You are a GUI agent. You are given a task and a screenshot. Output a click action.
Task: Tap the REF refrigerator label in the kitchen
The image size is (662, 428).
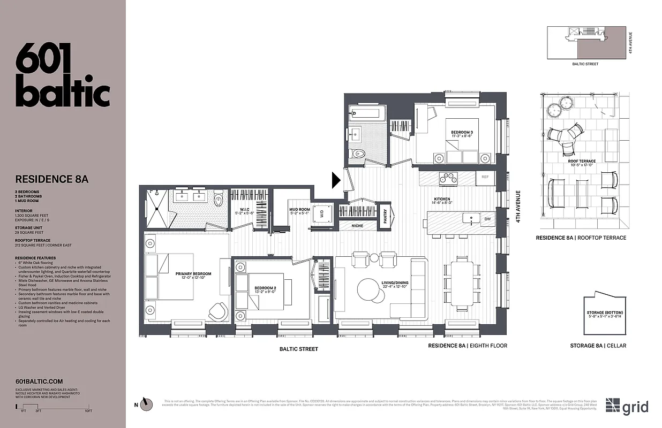tap(485, 177)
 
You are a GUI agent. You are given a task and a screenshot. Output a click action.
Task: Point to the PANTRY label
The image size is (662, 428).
tap(386, 216)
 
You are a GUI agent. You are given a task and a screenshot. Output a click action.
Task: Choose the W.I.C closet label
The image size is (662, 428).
tap(244, 209)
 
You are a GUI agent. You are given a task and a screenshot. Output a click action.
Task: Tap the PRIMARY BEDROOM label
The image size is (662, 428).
tap(193, 274)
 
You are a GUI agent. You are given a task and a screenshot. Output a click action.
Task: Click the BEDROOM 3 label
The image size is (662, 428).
tap(462, 132)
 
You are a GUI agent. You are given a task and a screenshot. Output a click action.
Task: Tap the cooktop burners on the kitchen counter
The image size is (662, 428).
tap(448, 178)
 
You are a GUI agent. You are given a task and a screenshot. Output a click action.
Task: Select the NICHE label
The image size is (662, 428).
tap(357, 226)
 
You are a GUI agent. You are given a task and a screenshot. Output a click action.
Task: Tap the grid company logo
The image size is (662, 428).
tap(627, 406)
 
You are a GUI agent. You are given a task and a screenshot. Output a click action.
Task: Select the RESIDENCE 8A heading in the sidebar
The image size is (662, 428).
tap(51, 179)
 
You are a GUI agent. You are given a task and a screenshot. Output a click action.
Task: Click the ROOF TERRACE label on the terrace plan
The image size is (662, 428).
tap(582, 161)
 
